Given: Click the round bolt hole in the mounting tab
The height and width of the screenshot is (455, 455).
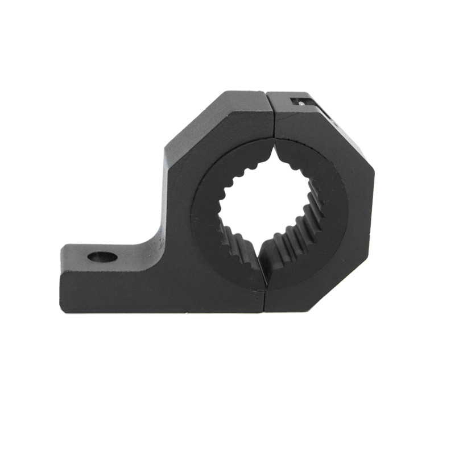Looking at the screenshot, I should coord(102,257).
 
